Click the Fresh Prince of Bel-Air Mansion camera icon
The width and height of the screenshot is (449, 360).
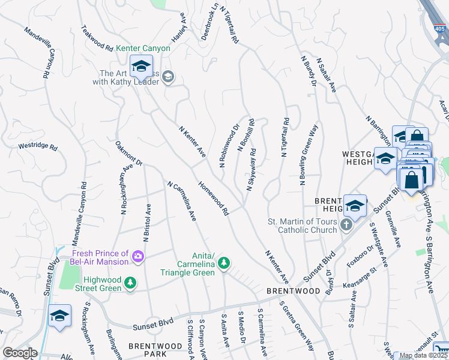(139, 257)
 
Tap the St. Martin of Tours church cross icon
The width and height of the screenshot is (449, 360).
(346, 225)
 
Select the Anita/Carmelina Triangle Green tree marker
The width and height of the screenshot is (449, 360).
(224, 263)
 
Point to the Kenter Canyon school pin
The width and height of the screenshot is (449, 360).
(141, 67)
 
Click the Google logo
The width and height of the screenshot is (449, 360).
(20, 353)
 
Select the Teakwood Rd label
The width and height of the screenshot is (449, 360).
(97, 38)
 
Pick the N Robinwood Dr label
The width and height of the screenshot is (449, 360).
(229, 146)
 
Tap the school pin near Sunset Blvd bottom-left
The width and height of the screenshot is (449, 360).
(59, 316)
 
